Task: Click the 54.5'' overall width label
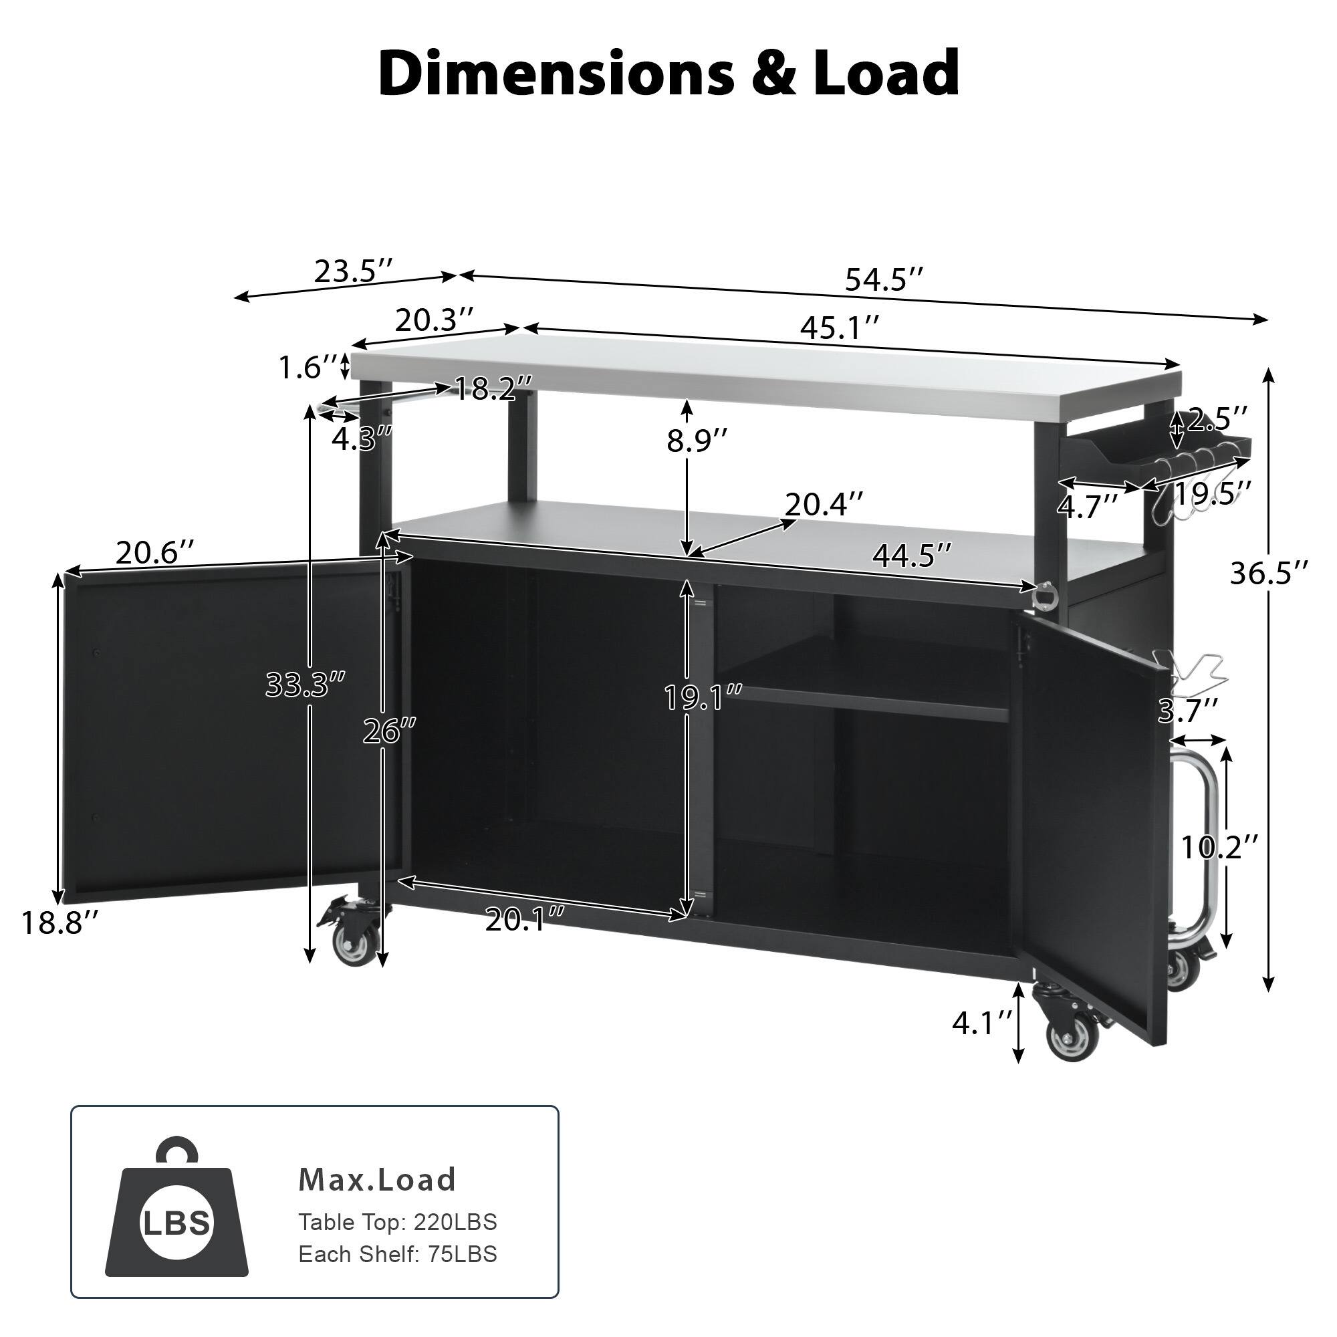[883, 280]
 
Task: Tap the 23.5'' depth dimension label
[354, 271]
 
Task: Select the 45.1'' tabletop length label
[840, 328]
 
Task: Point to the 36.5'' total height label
[1269, 573]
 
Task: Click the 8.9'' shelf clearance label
[697, 441]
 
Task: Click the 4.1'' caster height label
[982, 1023]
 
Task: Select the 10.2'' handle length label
[1219, 846]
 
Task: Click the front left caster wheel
[354, 938]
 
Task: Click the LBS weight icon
[176, 1221]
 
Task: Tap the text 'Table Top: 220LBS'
[397, 1222]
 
